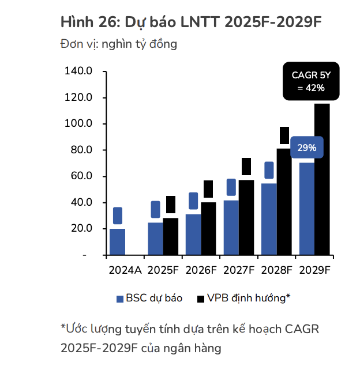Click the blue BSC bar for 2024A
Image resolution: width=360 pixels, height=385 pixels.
click(117, 241)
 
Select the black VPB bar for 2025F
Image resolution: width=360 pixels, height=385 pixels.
click(170, 236)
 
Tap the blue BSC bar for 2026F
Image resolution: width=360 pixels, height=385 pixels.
click(193, 234)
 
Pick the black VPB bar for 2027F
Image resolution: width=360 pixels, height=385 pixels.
click(246, 217)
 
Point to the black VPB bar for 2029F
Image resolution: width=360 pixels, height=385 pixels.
click(322, 179)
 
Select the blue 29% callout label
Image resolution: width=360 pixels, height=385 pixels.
click(306, 148)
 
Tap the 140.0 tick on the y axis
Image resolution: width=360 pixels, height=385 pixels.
click(79, 71)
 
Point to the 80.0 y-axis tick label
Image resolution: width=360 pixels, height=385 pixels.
click(81, 150)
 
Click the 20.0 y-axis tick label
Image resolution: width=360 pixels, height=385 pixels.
click(81, 228)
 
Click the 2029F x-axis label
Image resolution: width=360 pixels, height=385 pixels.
click(314, 270)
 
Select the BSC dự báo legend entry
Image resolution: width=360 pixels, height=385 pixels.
click(149, 298)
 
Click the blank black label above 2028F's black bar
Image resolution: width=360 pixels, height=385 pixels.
click(284, 135)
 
